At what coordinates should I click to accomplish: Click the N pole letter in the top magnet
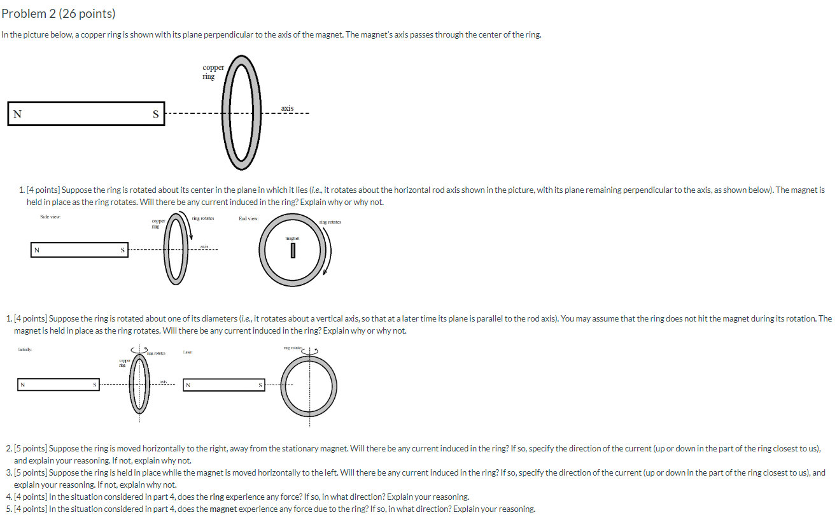click(17, 114)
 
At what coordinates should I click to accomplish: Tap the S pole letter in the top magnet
click(155, 115)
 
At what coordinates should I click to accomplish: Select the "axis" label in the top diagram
click(287, 108)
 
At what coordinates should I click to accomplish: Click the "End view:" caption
click(248, 218)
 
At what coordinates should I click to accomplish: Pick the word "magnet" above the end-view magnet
click(292, 238)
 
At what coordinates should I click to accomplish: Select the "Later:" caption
click(187, 351)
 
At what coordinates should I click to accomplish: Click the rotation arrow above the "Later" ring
click(311, 350)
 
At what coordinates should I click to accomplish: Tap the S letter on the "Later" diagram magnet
click(260, 385)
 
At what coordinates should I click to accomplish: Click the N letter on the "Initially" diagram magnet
click(23, 385)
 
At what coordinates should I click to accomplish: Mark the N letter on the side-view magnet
click(36, 250)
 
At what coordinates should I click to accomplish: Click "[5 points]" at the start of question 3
click(31, 472)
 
